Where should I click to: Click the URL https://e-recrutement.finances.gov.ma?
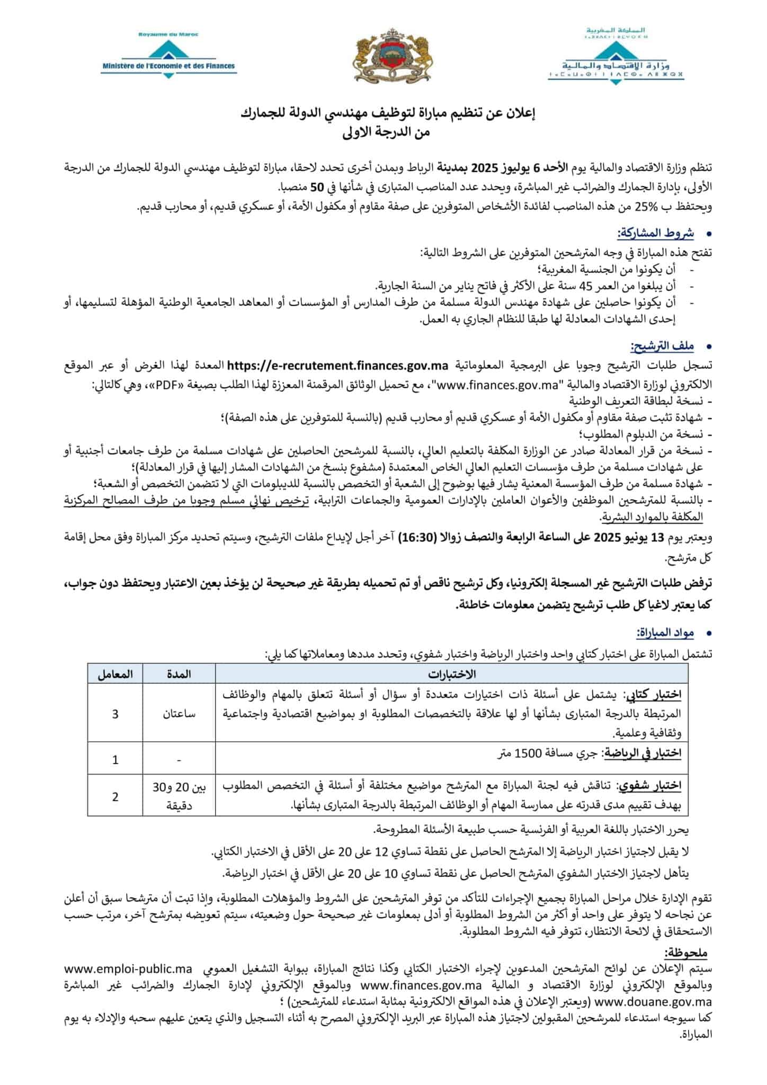pyautogui.click(x=337, y=366)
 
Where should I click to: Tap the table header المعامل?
pyautogui.click(x=115, y=674)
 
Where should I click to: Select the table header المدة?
pyautogui.click(x=179, y=674)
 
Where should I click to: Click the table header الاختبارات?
pyautogui.click(x=452, y=674)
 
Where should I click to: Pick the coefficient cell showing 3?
pyautogui.click(x=115, y=714)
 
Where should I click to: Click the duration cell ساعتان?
pyautogui.click(x=179, y=714)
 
